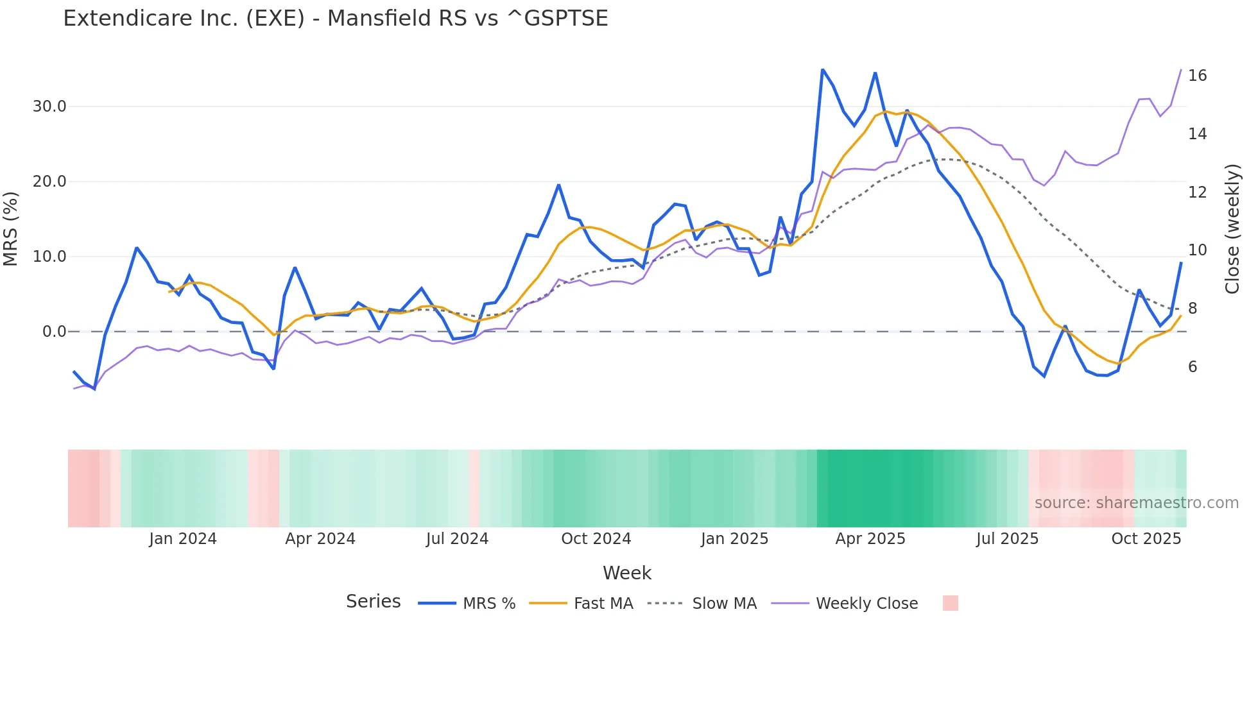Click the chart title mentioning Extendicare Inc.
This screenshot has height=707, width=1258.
point(335,19)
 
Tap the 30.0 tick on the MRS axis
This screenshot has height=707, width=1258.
point(49,106)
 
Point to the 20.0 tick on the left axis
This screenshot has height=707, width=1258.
point(49,182)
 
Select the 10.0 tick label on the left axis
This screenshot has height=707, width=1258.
point(49,257)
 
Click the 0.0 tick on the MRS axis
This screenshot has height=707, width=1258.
point(54,332)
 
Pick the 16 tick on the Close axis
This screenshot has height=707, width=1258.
point(1197,76)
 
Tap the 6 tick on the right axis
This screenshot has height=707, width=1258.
point(1193,367)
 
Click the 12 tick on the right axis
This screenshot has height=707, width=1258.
point(1197,192)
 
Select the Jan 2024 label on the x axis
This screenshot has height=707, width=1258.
point(183,539)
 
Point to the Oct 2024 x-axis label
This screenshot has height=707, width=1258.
point(596,539)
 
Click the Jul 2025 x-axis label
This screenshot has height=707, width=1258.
point(1008,539)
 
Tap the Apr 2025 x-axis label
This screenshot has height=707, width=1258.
point(870,539)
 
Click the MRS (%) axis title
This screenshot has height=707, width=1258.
point(11,228)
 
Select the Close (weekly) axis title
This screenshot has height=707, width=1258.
point(1232,228)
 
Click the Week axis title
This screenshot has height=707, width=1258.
point(627,573)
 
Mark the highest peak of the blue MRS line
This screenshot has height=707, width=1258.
point(822,69)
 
